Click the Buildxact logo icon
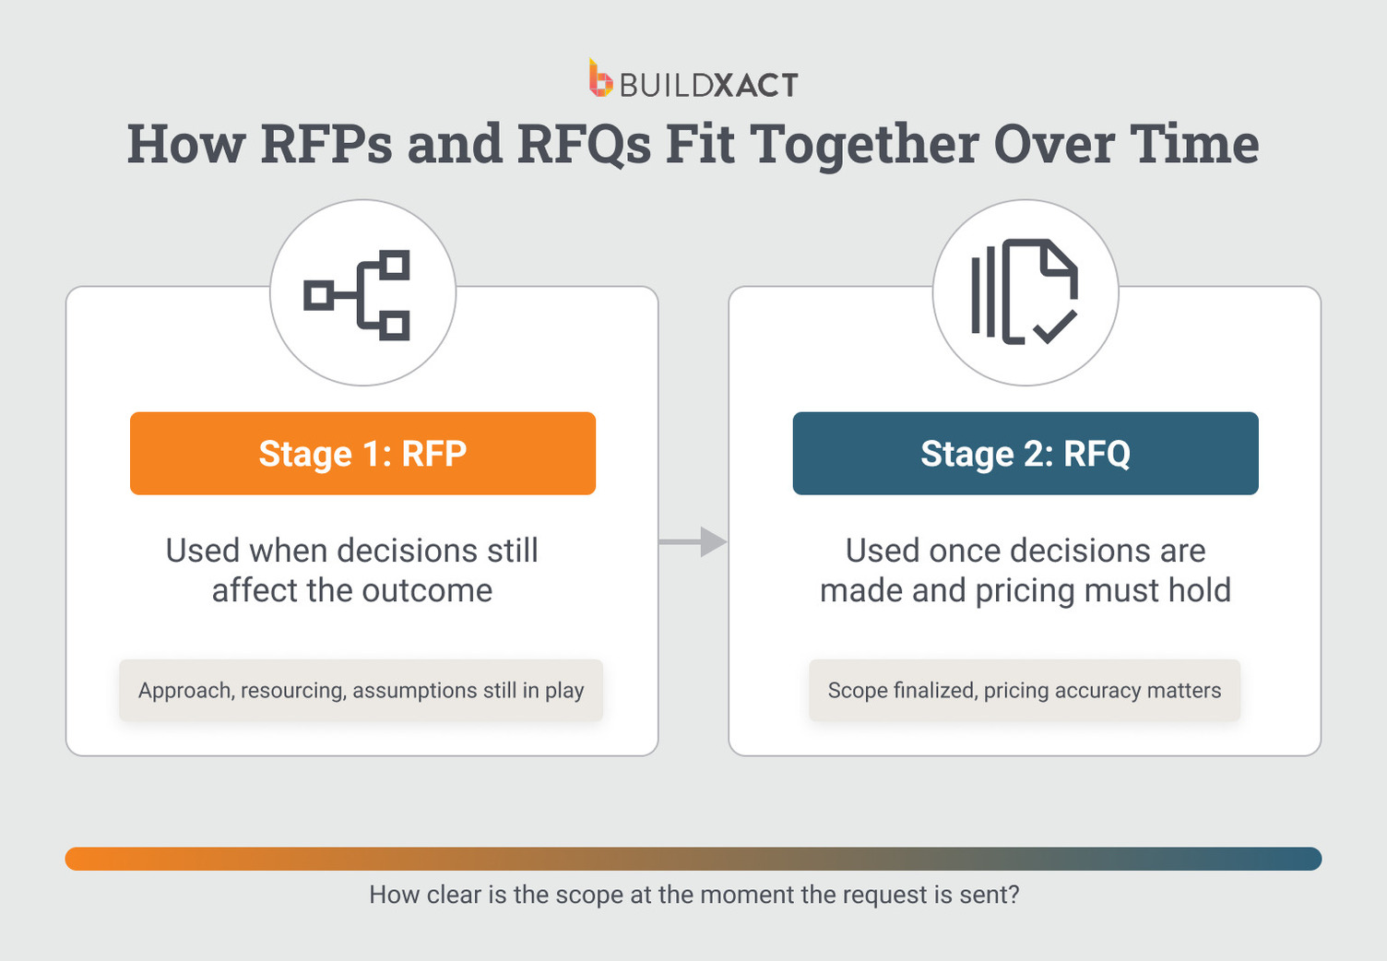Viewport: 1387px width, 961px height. click(x=600, y=79)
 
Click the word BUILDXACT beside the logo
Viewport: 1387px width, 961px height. click(x=708, y=86)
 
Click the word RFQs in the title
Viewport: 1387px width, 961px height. click(x=583, y=145)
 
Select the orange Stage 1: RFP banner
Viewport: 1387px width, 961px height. click(x=362, y=454)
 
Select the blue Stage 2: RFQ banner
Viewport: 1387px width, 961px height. click(x=1025, y=454)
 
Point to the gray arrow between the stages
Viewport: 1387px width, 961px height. click(x=693, y=542)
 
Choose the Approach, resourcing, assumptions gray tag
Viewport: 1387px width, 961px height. click(x=361, y=690)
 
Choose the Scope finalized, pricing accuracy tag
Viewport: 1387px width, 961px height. click(x=1024, y=690)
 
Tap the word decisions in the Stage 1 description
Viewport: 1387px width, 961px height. click(x=409, y=551)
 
